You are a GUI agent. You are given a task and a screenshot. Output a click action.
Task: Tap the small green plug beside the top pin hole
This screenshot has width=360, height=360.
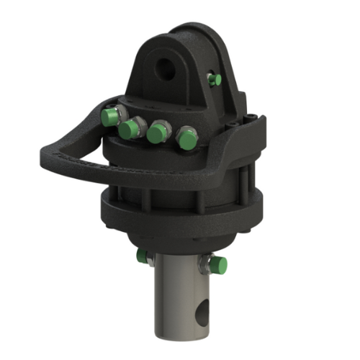click(x=213, y=79)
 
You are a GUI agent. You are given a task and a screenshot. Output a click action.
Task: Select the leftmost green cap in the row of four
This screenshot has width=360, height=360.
click(x=109, y=117)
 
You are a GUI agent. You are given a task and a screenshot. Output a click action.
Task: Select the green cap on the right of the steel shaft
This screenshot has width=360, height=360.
click(x=220, y=266)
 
